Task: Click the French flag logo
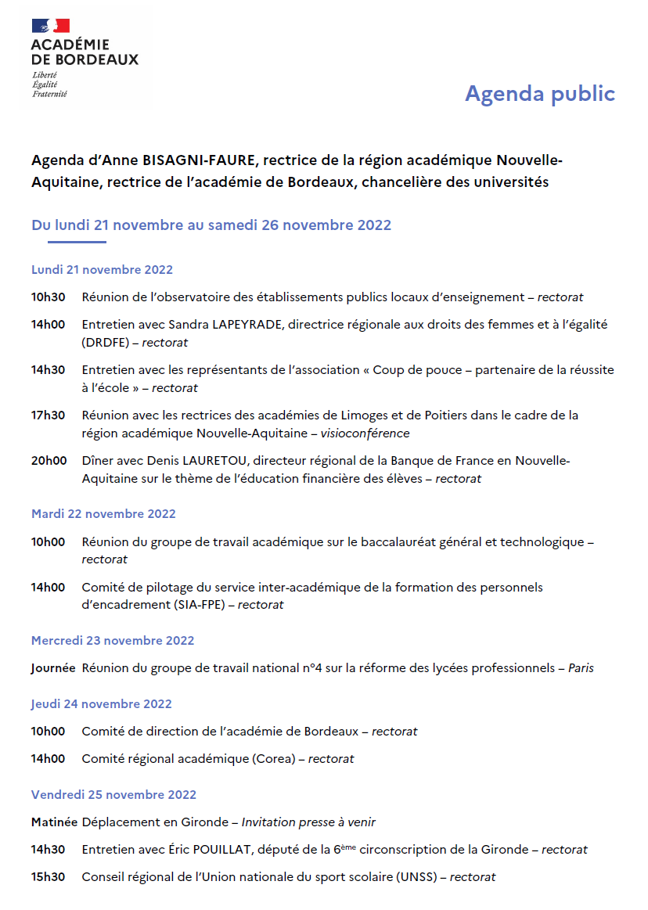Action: [x=50, y=26]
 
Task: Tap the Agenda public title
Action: [x=540, y=93]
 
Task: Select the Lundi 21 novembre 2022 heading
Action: [x=102, y=270]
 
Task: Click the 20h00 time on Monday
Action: [x=49, y=461]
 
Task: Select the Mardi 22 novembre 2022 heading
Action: [x=103, y=514]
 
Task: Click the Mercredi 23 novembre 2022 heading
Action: [x=113, y=641]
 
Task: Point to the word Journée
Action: [x=53, y=668]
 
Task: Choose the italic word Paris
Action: [x=581, y=668]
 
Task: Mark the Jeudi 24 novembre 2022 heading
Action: [x=102, y=704]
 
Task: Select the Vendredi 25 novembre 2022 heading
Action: [x=113, y=795]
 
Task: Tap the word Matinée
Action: [x=54, y=822]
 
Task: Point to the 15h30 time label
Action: [x=49, y=877]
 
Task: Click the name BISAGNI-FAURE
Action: [x=200, y=161]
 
